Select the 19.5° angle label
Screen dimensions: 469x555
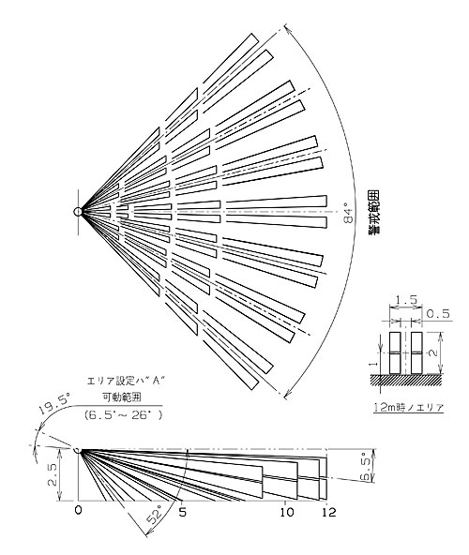click(53, 405)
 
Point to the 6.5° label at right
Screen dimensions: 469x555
click(366, 467)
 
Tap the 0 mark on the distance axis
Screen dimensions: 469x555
click(78, 511)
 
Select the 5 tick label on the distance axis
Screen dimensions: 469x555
click(182, 512)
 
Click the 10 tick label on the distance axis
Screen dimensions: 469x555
click(286, 512)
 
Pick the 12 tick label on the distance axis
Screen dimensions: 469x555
click(329, 512)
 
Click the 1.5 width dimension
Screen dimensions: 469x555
click(406, 300)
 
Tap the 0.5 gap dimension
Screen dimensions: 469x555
click(438, 313)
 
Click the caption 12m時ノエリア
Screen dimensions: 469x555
click(408, 407)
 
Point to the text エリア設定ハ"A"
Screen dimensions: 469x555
click(127, 381)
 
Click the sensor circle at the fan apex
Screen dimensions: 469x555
click(78, 212)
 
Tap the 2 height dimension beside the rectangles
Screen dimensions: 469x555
click(434, 352)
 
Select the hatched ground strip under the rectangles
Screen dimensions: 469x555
click(406, 380)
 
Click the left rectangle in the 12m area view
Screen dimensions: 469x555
click(395, 352)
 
